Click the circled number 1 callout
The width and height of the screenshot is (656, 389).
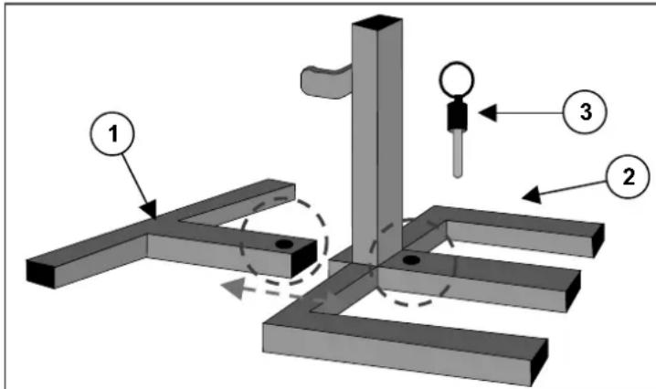(112, 134)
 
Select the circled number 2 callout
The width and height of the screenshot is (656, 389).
(628, 176)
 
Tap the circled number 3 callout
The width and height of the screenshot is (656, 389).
(585, 111)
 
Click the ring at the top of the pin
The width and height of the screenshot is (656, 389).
(457, 79)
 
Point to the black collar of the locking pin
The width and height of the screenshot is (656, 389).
(457, 115)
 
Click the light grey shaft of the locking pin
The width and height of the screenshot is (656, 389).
(458, 153)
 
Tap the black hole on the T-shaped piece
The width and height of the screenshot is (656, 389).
(284, 244)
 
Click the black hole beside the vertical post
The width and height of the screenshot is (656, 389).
(411, 259)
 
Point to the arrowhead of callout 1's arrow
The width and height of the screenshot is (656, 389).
(149, 209)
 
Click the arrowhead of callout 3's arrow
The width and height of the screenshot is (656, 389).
(488, 112)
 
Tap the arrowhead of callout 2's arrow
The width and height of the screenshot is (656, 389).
(532, 194)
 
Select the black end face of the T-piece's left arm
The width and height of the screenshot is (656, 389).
(40, 274)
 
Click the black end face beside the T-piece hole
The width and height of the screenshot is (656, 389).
(304, 259)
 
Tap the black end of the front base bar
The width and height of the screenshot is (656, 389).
(539, 363)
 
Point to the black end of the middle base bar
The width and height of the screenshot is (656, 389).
(574, 291)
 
